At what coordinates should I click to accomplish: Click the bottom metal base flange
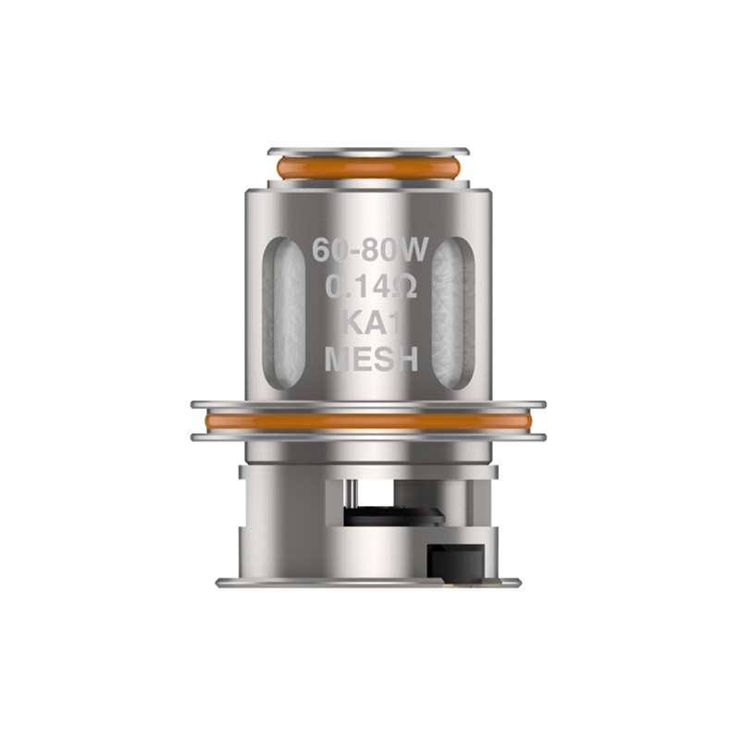pos(368,582)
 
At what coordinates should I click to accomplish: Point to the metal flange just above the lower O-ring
pos(368,404)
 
